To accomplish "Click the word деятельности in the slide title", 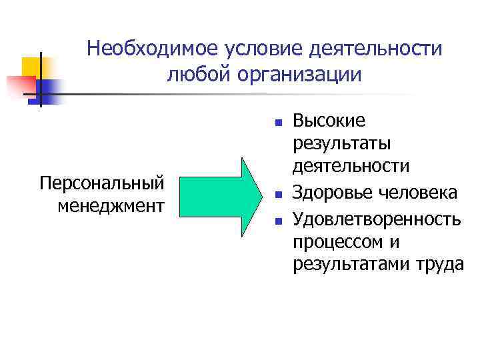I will (369, 49).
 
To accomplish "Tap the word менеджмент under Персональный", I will (111, 204).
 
